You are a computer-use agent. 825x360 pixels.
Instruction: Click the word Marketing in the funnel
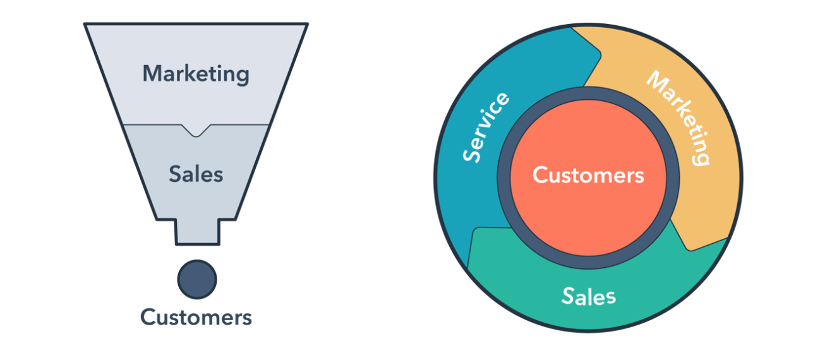(x=196, y=74)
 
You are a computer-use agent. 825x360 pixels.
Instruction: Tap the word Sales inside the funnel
(x=196, y=174)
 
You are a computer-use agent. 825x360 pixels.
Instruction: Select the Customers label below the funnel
(x=196, y=316)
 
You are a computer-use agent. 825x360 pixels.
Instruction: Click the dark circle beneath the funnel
(x=197, y=279)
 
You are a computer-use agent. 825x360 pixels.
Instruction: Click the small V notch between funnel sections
(x=197, y=130)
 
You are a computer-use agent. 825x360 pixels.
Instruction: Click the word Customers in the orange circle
(x=588, y=175)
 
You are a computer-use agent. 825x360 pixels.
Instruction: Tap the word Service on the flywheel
(x=485, y=127)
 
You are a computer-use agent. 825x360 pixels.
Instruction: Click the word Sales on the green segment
(x=588, y=296)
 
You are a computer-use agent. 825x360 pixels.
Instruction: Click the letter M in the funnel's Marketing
(x=152, y=74)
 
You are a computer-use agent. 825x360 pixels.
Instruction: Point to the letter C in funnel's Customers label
(x=147, y=316)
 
